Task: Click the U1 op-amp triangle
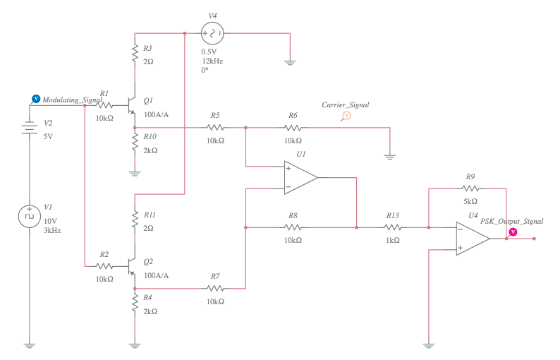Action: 300,177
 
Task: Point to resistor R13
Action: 393,227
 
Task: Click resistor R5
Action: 215,128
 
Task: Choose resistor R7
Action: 215,288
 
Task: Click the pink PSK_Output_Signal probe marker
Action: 513,231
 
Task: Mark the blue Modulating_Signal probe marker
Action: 36,100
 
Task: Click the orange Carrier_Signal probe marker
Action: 346,116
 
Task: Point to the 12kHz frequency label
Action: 212,61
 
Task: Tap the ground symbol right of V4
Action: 289,62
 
